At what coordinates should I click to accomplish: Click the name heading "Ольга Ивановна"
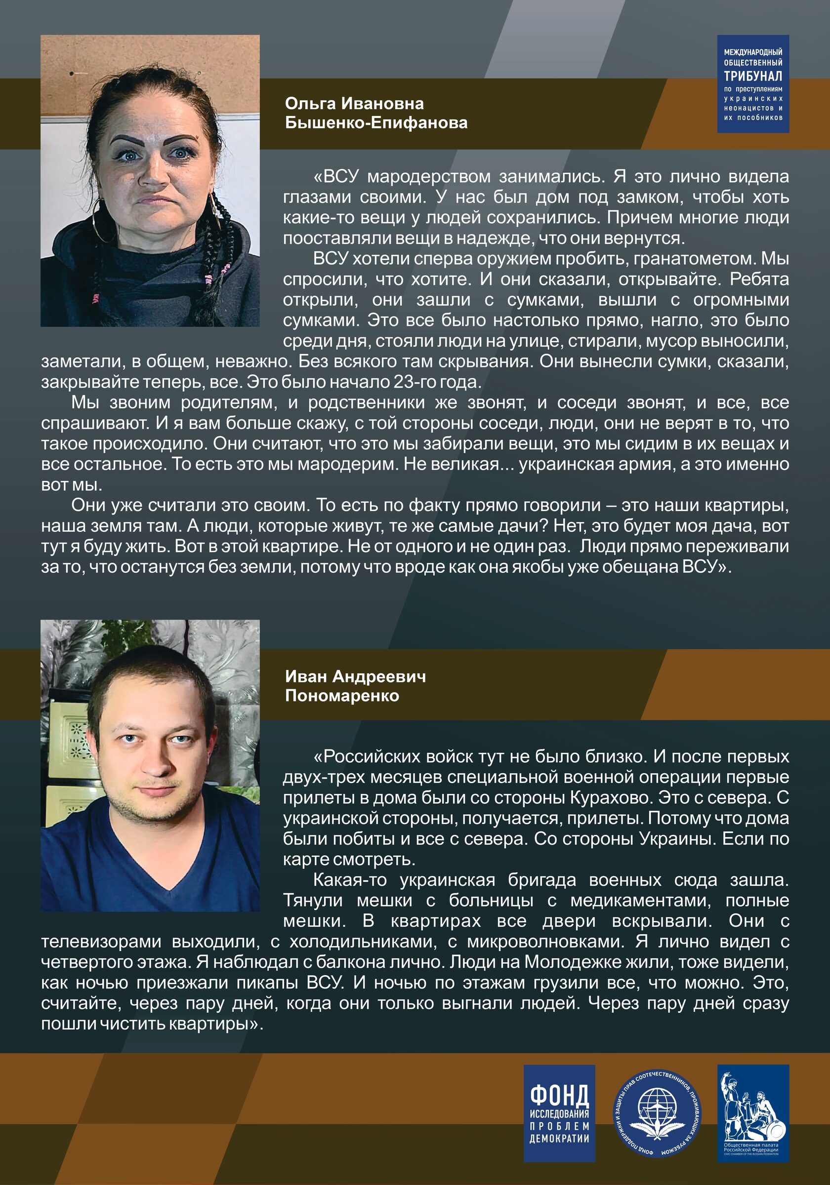click(x=354, y=104)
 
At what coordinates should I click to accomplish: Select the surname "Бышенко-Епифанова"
click(x=376, y=123)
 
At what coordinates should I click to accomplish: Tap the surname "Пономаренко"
click(x=342, y=696)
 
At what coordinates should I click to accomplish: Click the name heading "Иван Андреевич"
click(x=355, y=676)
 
